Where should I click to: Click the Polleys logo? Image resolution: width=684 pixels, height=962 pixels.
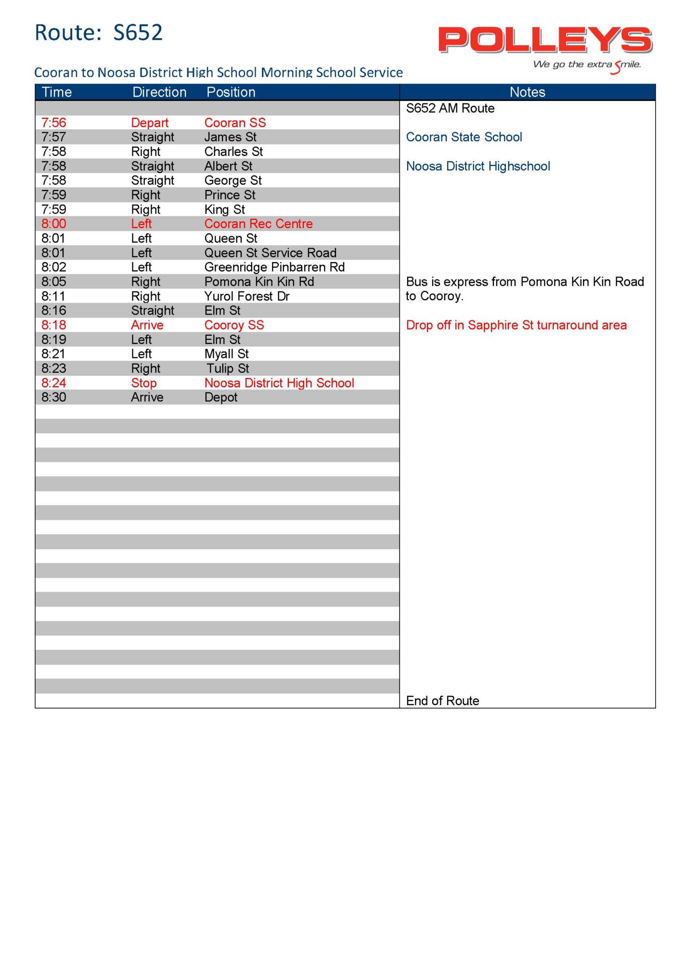[x=545, y=40]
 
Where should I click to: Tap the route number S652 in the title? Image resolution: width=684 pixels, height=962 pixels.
[x=138, y=33]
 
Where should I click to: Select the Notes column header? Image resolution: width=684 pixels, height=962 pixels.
[x=527, y=92]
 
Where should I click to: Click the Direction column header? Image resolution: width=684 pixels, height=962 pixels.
[x=159, y=92]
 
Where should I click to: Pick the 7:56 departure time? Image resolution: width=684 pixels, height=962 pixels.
[x=54, y=123]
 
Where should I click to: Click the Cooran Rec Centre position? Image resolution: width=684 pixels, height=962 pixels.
[x=258, y=224]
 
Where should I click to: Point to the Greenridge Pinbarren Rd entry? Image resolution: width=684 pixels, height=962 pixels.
[x=274, y=267]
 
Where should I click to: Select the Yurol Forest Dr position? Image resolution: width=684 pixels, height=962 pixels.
[x=247, y=296]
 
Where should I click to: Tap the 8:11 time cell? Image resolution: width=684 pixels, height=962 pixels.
[x=53, y=296]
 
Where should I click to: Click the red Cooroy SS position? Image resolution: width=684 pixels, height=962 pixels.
[x=234, y=325]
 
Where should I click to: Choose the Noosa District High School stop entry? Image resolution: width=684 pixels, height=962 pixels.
[x=279, y=383]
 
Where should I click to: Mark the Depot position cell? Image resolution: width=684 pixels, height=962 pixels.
[x=221, y=397]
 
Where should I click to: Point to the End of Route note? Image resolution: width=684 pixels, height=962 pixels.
[x=442, y=701]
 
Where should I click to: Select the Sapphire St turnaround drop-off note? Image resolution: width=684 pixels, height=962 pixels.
[x=516, y=325]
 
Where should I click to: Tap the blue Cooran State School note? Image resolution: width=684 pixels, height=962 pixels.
[x=464, y=137]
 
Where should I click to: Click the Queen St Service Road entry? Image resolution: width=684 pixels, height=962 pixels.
[x=271, y=253]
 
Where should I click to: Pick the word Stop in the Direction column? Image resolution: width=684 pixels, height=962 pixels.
[x=144, y=383]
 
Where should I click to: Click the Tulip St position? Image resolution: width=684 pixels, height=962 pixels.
[x=228, y=368]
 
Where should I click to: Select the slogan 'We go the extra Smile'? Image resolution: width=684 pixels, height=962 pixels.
[x=587, y=65]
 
